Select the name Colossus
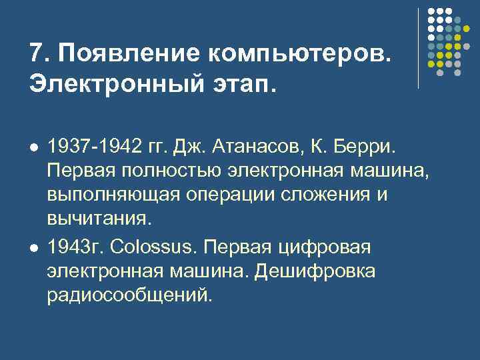coord(153,247)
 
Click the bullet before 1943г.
coord(34,247)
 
